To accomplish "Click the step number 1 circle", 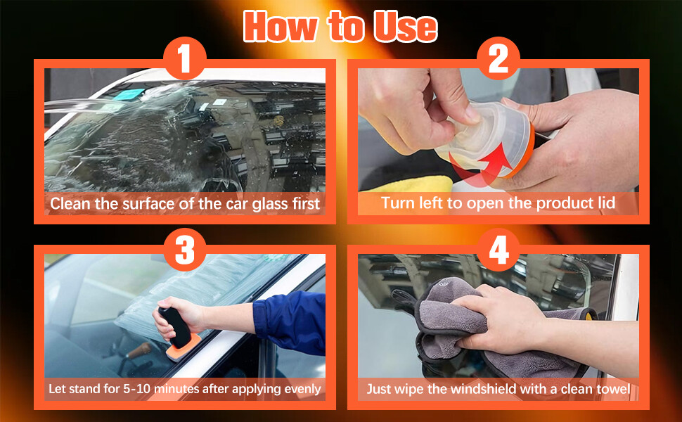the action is click(185, 58).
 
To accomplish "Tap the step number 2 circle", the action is click(498, 58).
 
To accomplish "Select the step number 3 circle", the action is click(185, 250).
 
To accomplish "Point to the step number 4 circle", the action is click(498, 250).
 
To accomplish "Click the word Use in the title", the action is click(406, 27).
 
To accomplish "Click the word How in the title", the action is click(281, 26).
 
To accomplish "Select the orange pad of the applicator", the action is click(184, 347).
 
